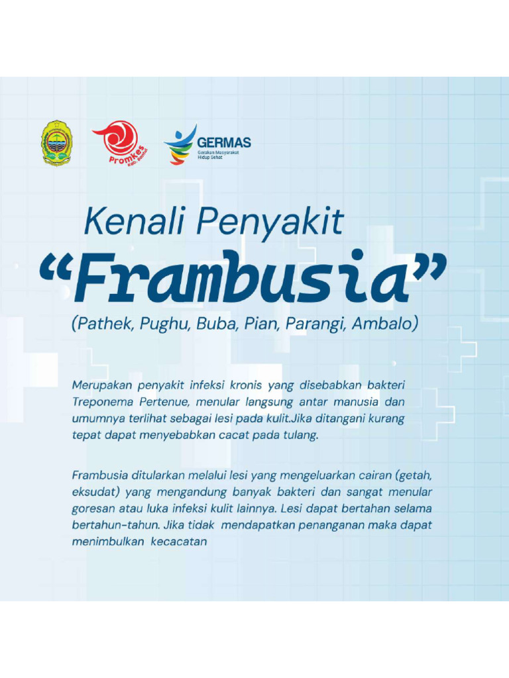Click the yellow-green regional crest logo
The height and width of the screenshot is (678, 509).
click(x=58, y=142)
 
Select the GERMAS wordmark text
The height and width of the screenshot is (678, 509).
click(x=223, y=142)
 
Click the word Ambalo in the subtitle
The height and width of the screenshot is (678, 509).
click(x=384, y=325)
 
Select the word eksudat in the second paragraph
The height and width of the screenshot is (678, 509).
click(x=93, y=493)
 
